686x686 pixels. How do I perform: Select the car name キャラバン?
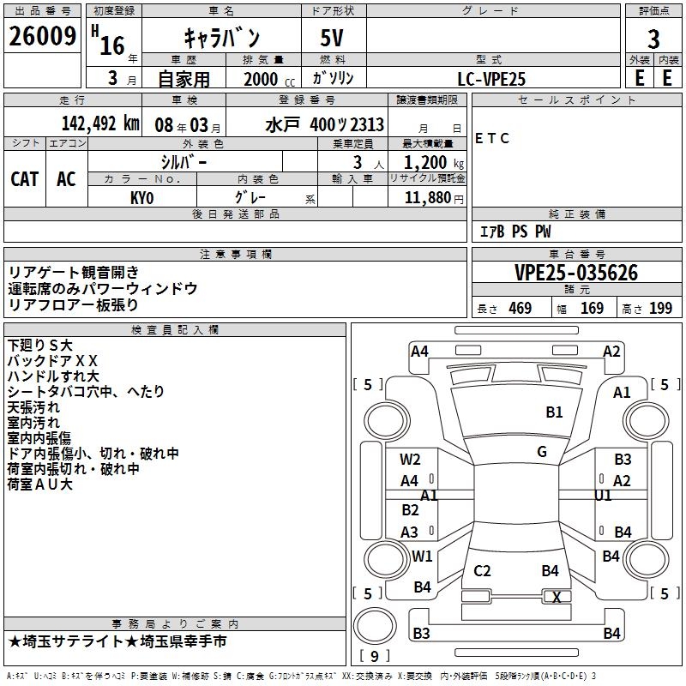pos(222,38)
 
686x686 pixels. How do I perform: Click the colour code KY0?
pos(142,197)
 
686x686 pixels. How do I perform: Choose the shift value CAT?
pos(24,178)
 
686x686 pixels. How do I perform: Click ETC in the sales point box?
pos(492,138)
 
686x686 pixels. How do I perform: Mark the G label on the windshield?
pos(542,451)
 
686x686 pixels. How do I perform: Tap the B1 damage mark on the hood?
pos(554,412)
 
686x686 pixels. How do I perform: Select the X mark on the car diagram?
pos(557,598)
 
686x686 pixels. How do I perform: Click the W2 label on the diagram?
pos(410,460)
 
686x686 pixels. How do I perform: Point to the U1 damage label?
pos(603,496)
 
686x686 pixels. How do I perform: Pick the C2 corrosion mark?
pos(482,571)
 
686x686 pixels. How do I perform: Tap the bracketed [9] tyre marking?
pos(374,657)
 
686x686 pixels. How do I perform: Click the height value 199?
pos(660,309)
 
